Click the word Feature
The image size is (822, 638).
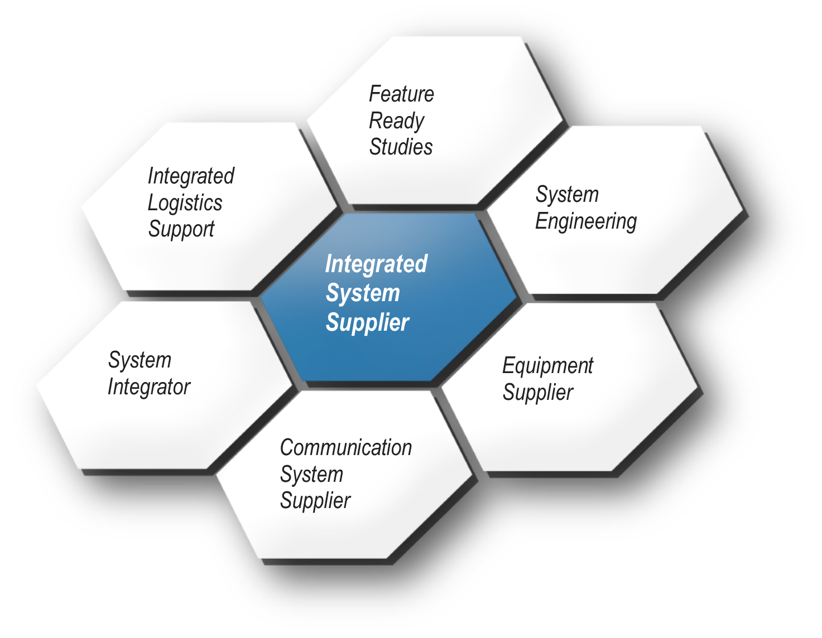[401, 94]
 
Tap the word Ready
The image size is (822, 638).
[396, 122]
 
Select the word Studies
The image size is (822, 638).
[401, 147]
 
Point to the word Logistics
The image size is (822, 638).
[185, 204]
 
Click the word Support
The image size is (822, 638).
[181, 229]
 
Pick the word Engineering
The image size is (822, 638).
[586, 221]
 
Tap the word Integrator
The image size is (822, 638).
[149, 386]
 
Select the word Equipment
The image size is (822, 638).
[548, 366]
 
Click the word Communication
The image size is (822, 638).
[346, 447]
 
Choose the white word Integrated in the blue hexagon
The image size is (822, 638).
[376, 264]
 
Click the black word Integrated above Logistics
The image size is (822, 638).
[191, 176]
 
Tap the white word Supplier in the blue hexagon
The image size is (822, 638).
[367, 323]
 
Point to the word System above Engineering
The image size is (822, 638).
[567, 194]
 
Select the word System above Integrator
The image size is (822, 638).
[140, 360]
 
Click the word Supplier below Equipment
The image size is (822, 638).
[538, 392]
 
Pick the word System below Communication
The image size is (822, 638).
[311, 475]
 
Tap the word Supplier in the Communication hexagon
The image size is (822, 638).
[315, 501]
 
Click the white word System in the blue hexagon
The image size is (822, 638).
[363, 293]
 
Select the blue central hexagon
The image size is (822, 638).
[388, 297]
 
